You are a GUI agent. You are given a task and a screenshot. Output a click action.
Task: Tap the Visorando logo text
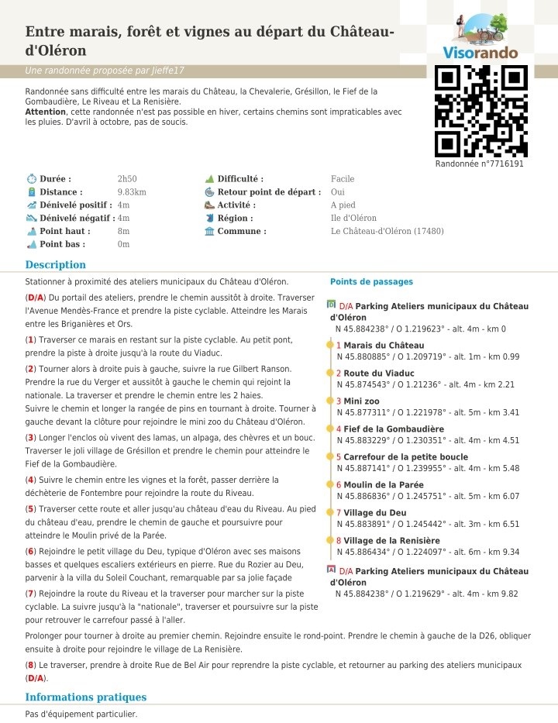480,53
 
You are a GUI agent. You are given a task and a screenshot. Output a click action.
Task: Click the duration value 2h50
126,179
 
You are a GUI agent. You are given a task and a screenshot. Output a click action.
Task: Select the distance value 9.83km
132,192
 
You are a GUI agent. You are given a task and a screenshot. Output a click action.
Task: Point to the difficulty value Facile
343,179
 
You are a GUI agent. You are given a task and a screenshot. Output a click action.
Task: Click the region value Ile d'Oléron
353,219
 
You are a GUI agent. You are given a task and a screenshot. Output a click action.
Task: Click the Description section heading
55,265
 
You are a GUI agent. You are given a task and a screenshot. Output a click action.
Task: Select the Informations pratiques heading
85,697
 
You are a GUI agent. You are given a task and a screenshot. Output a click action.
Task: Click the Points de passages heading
371,282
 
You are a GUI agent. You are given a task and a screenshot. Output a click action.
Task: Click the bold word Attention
45,112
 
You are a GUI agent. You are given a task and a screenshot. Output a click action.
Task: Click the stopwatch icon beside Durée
31,179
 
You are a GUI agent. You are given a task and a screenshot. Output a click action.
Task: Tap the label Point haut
65,231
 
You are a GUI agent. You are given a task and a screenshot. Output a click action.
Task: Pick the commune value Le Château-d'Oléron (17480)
387,231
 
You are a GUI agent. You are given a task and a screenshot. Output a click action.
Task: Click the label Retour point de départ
269,192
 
